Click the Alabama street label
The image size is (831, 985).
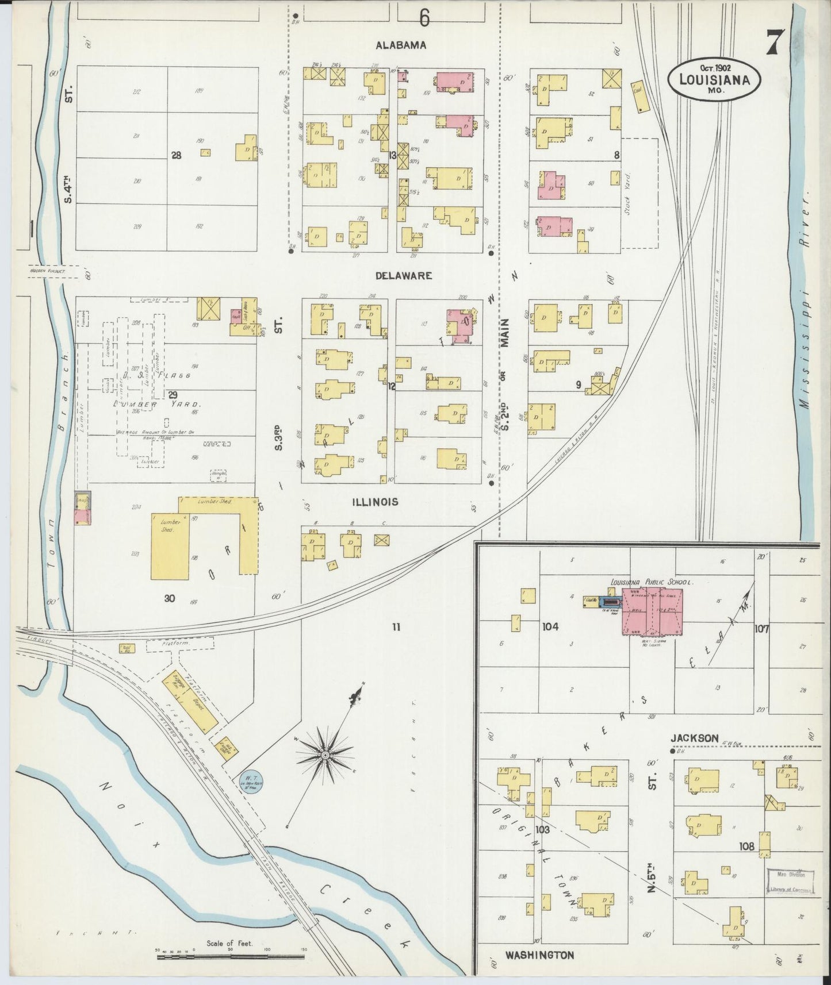coord(401,45)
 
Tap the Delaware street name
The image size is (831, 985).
coord(403,276)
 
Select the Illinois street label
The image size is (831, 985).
coord(374,502)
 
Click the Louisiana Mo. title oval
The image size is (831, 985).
coord(714,80)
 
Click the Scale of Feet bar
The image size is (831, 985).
coord(230,957)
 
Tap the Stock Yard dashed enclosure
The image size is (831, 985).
coord(639,193)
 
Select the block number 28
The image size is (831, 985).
coord(176,155)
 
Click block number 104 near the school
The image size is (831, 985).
coord(550,626)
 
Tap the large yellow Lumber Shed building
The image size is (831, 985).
coord(170,546)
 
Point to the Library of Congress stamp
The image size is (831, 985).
coord(791,881)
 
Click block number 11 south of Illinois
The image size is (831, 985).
coord(396,627)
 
